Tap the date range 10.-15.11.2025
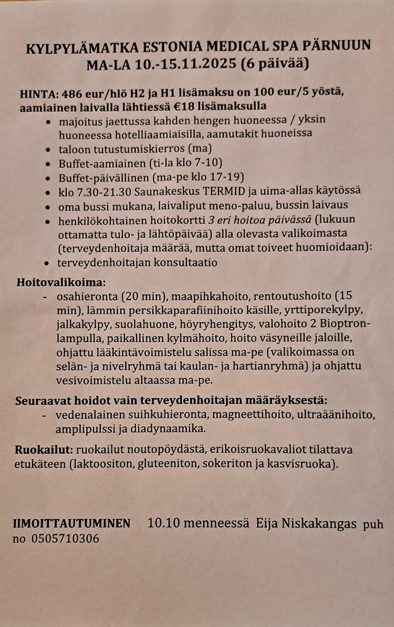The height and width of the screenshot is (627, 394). [x=181, y=65]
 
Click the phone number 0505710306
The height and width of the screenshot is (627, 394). [x=65, y=538]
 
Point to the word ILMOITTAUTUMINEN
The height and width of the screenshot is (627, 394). [x=72, y=523]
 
